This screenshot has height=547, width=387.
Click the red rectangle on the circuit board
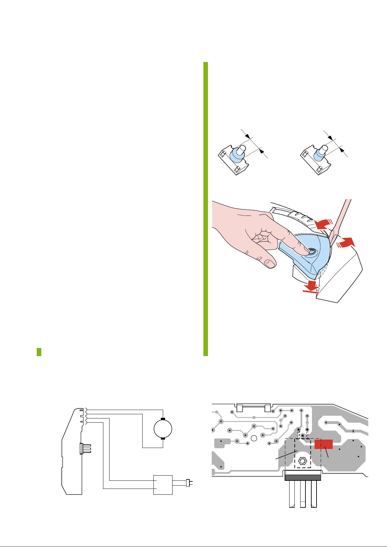click(x=323, y=444)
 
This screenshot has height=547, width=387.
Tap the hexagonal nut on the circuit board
click(x=303, y=461)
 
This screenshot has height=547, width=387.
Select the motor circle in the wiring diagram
click(x=162, y=428)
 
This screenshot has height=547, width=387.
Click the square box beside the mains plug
click(x=163, y=485)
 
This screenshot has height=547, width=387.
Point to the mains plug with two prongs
click(x=188, y=483)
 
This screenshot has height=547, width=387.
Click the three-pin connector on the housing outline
click(x=85, y=448)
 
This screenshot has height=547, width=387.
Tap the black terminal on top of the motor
click(x=163, y=419)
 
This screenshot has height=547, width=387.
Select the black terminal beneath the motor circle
click(x=163, y=438)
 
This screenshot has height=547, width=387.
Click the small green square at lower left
click(x=39, y=352)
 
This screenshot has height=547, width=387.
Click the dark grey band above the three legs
click(x=303, y=477)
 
